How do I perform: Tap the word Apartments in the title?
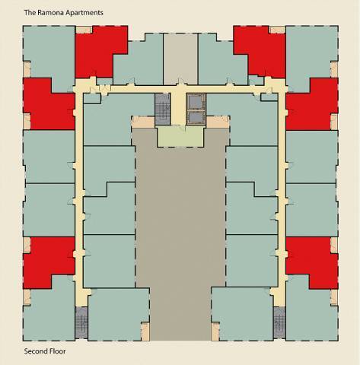84,13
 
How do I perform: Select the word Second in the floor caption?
36,351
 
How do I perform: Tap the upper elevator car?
196,101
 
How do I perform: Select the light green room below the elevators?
180,137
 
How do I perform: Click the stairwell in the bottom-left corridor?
81,322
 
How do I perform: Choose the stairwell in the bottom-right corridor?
279,322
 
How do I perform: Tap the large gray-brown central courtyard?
180,236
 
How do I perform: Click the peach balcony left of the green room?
142,122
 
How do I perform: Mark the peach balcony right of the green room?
218,122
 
